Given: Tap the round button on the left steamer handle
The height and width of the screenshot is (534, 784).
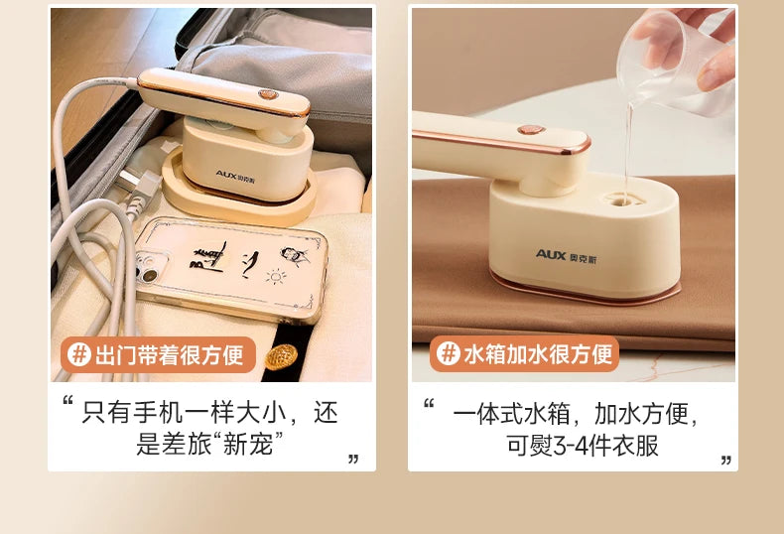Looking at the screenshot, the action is click(268, 94).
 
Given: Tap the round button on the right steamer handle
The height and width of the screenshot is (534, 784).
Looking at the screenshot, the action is click(531, 130).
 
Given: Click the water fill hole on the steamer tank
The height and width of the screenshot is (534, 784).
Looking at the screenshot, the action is click(623, 200).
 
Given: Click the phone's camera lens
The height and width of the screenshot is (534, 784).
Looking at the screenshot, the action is click(149, 276).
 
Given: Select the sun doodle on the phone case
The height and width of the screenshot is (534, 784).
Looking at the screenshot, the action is click(276, 277).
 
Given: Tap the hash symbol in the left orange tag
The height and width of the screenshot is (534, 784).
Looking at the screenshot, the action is click(79, 354).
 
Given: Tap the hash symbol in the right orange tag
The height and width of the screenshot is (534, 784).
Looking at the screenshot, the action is click(448, 353).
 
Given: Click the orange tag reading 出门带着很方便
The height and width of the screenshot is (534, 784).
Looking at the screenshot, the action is click(158, 354).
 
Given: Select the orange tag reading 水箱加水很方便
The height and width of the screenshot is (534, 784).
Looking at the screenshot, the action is click(525, 353).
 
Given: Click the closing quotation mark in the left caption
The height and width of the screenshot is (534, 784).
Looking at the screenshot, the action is click(353, 459).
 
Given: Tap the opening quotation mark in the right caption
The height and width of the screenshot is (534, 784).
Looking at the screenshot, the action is click(429, 403).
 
